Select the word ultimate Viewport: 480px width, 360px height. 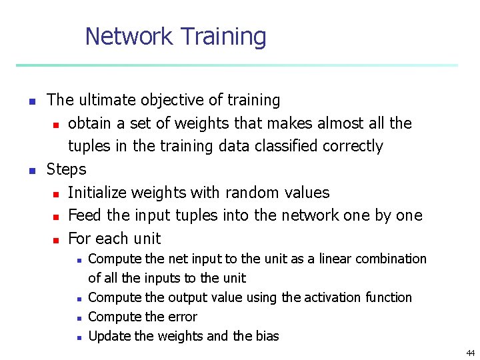106,100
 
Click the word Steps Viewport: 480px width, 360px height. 67,169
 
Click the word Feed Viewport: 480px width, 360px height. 83,215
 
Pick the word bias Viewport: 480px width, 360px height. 267,336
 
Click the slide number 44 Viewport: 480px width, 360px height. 471,353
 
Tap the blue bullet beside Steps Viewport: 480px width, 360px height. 31,171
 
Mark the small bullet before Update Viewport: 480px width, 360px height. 79,337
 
